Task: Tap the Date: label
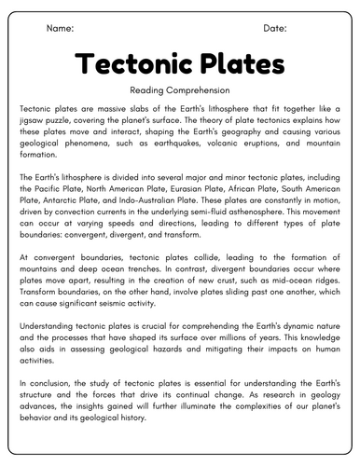click(x=275, y=29)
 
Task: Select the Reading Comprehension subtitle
click(x=179, y=90)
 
